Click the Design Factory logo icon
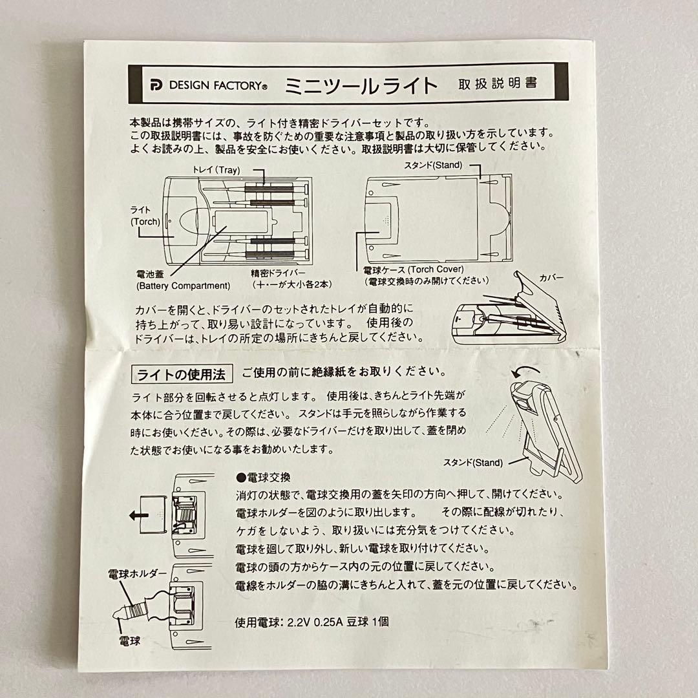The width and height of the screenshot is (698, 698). pos(156,85)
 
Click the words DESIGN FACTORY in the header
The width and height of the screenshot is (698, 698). pos(217,85)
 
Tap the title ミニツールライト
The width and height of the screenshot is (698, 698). pos(361,85)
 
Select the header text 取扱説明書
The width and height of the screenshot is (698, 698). pos(498,83)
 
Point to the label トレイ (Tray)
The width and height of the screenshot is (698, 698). pos(217,170)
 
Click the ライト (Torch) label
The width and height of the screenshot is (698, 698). pos(145,216)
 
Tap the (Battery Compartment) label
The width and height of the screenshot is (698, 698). pos(183,286)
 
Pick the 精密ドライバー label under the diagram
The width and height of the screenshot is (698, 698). pos(278,273)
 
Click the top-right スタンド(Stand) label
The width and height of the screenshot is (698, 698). pos(433,165)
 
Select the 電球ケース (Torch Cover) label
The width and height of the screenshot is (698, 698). pos(414,270)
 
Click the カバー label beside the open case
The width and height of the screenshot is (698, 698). pos(551,278)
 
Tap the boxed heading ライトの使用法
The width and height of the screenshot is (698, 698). pos(182,374)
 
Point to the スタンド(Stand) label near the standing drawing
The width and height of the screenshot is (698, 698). pos(472,463)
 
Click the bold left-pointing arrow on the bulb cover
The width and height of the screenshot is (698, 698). pos(139,516)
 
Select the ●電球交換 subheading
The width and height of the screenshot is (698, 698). pos(263,478)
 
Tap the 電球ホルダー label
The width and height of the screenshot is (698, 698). pos(137,574)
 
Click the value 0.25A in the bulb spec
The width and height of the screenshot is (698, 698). pos(328,622)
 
